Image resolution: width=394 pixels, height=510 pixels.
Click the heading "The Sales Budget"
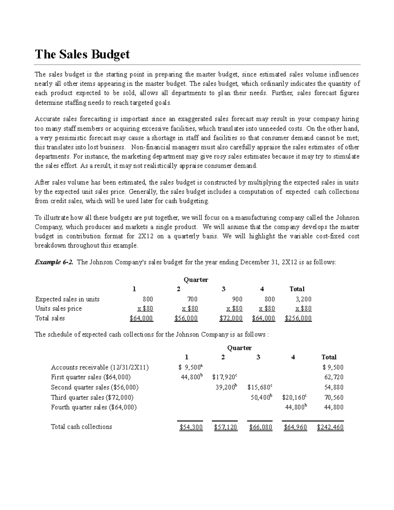click(82, 54)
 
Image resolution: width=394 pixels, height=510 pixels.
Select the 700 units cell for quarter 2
click(192, 299)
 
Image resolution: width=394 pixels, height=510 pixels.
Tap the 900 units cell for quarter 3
click(237, 299)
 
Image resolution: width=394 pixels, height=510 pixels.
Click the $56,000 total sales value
click(186, 318)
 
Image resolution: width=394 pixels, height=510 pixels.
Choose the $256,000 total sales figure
click(298, 318)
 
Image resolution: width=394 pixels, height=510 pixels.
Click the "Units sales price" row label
click(58, 309)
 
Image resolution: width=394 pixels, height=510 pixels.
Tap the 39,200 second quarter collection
click(226, 388)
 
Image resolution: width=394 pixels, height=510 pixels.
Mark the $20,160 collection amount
click(294, 398)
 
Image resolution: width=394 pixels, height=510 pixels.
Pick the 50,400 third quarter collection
click(261, 398)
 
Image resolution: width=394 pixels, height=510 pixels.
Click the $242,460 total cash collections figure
click(330, 427)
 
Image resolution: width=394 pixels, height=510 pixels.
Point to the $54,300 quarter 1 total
click(191, 427)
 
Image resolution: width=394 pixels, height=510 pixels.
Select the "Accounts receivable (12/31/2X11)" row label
click(100, 367)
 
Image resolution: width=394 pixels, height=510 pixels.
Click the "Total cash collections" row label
click(81, 427)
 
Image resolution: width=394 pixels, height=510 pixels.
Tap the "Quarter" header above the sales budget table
click(196, 280)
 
